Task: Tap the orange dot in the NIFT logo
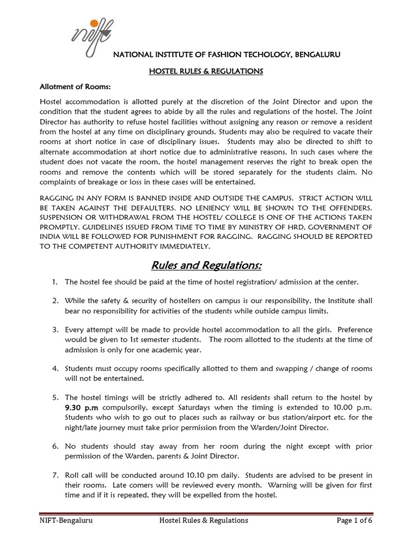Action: pos(95,23)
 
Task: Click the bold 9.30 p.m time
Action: pos(80,407)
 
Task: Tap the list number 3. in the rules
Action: pos(56,330)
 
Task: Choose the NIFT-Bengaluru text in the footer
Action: pos(66,521)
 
